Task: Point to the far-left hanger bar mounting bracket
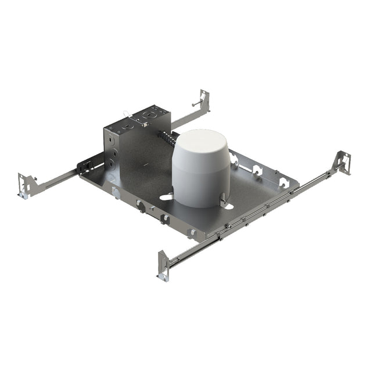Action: click(26, 184)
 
